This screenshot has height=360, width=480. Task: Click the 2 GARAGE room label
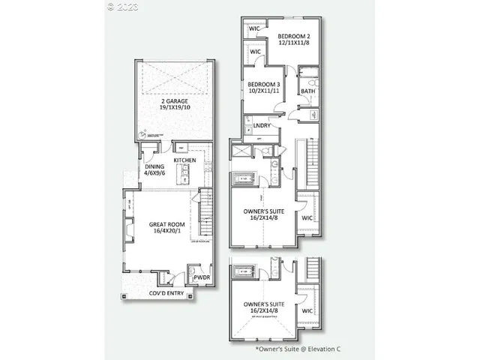click(x=173, y=100)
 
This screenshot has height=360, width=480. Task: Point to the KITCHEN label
click(x=185, y=160)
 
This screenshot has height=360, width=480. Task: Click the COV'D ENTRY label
click(x=167, y=293)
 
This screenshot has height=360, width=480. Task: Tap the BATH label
click(x=308, y=91)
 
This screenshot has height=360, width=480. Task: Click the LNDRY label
click(x=262, y=126)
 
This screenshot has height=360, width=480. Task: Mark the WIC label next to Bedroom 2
click(x=255, y=30)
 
